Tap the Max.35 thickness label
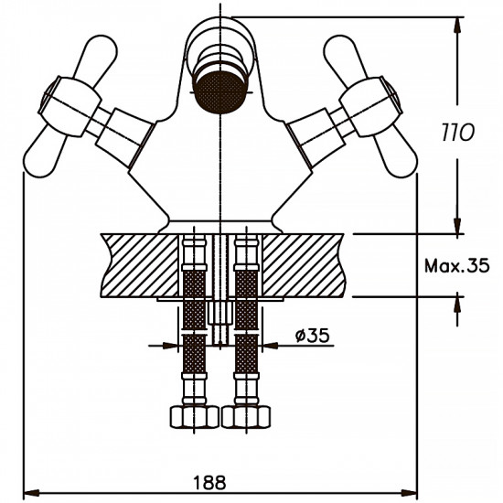(457, 266)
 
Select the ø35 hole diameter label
(312, 336)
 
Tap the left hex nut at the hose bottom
(195, 417)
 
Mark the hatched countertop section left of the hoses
(137, 264)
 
